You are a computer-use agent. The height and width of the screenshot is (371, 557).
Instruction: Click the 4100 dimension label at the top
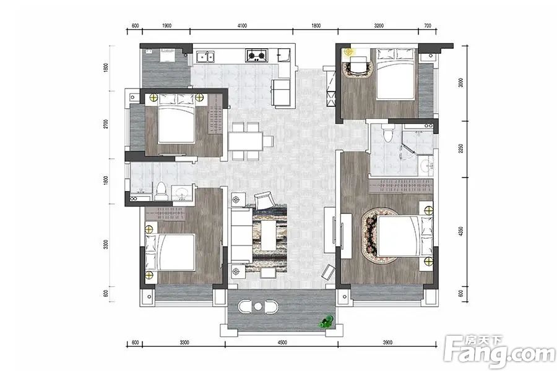(x=242, y=25)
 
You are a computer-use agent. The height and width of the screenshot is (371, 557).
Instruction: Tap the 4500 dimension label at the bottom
(x=282, y=343)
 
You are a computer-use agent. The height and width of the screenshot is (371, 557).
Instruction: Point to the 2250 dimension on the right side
(x=460, y=149)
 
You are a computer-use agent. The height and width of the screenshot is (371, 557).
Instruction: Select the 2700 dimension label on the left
(x=105, y=125)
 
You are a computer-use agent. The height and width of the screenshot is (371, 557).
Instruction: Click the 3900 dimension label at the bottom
(x=387, y=343)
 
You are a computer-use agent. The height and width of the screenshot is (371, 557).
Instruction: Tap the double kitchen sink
(x=205, y=57)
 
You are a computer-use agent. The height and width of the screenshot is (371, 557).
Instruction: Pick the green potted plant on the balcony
(x=326, y=322)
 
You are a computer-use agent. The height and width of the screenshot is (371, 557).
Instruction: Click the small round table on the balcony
(x=258, y=307)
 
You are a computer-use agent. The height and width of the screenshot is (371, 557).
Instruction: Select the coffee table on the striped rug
(x=268, y=236)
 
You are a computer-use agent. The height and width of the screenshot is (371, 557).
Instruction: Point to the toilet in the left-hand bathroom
(x=161, y=192)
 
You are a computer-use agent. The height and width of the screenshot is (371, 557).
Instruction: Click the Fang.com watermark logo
(x=500, y=351)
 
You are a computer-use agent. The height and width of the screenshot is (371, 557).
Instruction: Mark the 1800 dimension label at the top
(x=316, y=25)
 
